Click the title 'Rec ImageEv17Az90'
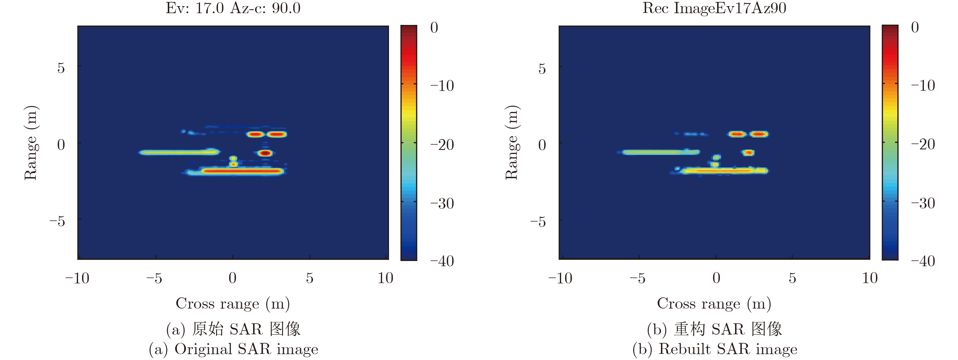pyautogui.click(x=714, y=8)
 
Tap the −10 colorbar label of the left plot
pyautogui.click(x=442, y=86)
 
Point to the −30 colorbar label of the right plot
pyautogui.click(x=923, y=203)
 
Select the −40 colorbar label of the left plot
pyautogui.click(x=442, y=261)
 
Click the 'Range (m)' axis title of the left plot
pyautogui.click(x=31, y=143)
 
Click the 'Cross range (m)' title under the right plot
pyautogui.click(x=714, y=303)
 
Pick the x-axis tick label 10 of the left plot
pyautogui.click(x=385, y=278)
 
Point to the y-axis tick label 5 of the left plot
pyautogui.click(x=61, y=68)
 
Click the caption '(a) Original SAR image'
pyautogui.click(x=234, y=349)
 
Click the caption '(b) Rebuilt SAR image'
pyautogui.click(x=715, y=349)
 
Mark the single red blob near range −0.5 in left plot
pyautogui.click(x=265, y=153)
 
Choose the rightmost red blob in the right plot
pyautogui.click(x=759, y=134)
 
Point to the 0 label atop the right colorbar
pyautogui.click(x=915, y=27)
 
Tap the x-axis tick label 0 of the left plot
pyautogui.click(x=232, y=278)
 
